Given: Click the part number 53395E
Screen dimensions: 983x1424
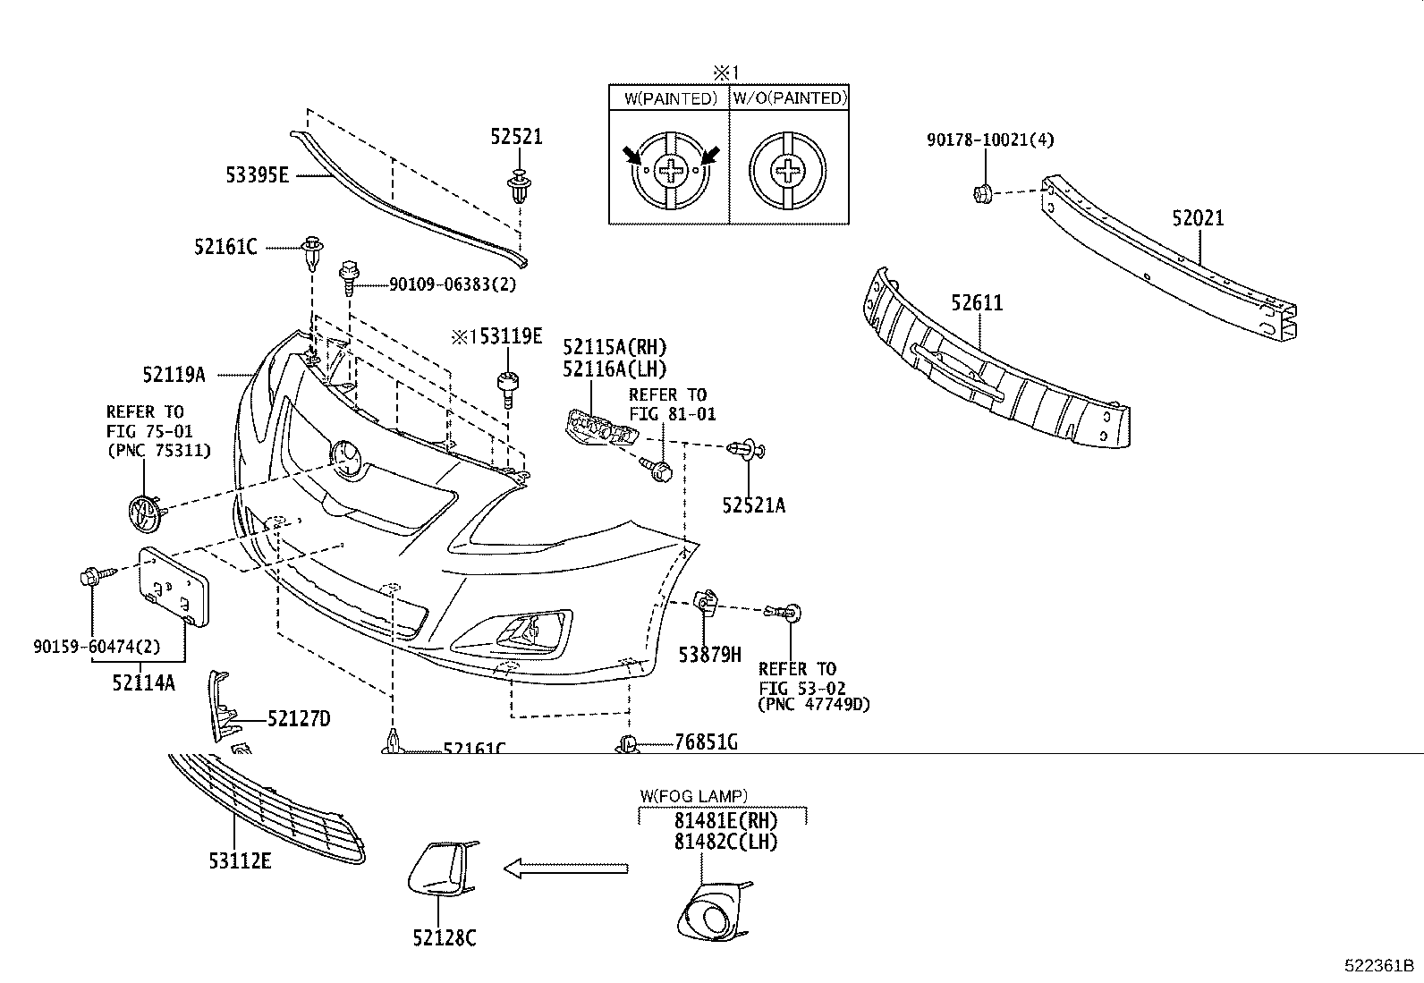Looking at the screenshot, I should (257, 175).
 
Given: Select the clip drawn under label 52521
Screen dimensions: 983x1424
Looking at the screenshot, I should (518, 187).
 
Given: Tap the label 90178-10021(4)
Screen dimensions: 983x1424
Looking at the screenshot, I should (990, 140).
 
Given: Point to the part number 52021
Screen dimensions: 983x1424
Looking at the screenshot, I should (1198, 218).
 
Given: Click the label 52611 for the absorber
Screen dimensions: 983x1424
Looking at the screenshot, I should (977, 303).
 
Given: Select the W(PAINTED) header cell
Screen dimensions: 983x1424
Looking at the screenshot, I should (670, 98).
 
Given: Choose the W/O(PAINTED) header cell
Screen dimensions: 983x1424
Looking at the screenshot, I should (790, 98).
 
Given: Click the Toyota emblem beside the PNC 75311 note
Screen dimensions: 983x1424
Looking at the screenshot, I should (143, 513).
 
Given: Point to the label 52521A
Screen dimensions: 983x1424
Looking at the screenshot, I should (753, 506).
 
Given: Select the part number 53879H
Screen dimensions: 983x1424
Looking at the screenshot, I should (709, 655).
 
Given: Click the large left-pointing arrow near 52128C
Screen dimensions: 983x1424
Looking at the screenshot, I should (565, 868).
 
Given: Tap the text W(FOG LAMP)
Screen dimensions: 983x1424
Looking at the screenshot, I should (694, 794).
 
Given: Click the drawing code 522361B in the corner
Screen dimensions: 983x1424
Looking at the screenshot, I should (1378, 967).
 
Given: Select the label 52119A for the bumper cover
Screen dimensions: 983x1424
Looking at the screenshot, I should (174, 375).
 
